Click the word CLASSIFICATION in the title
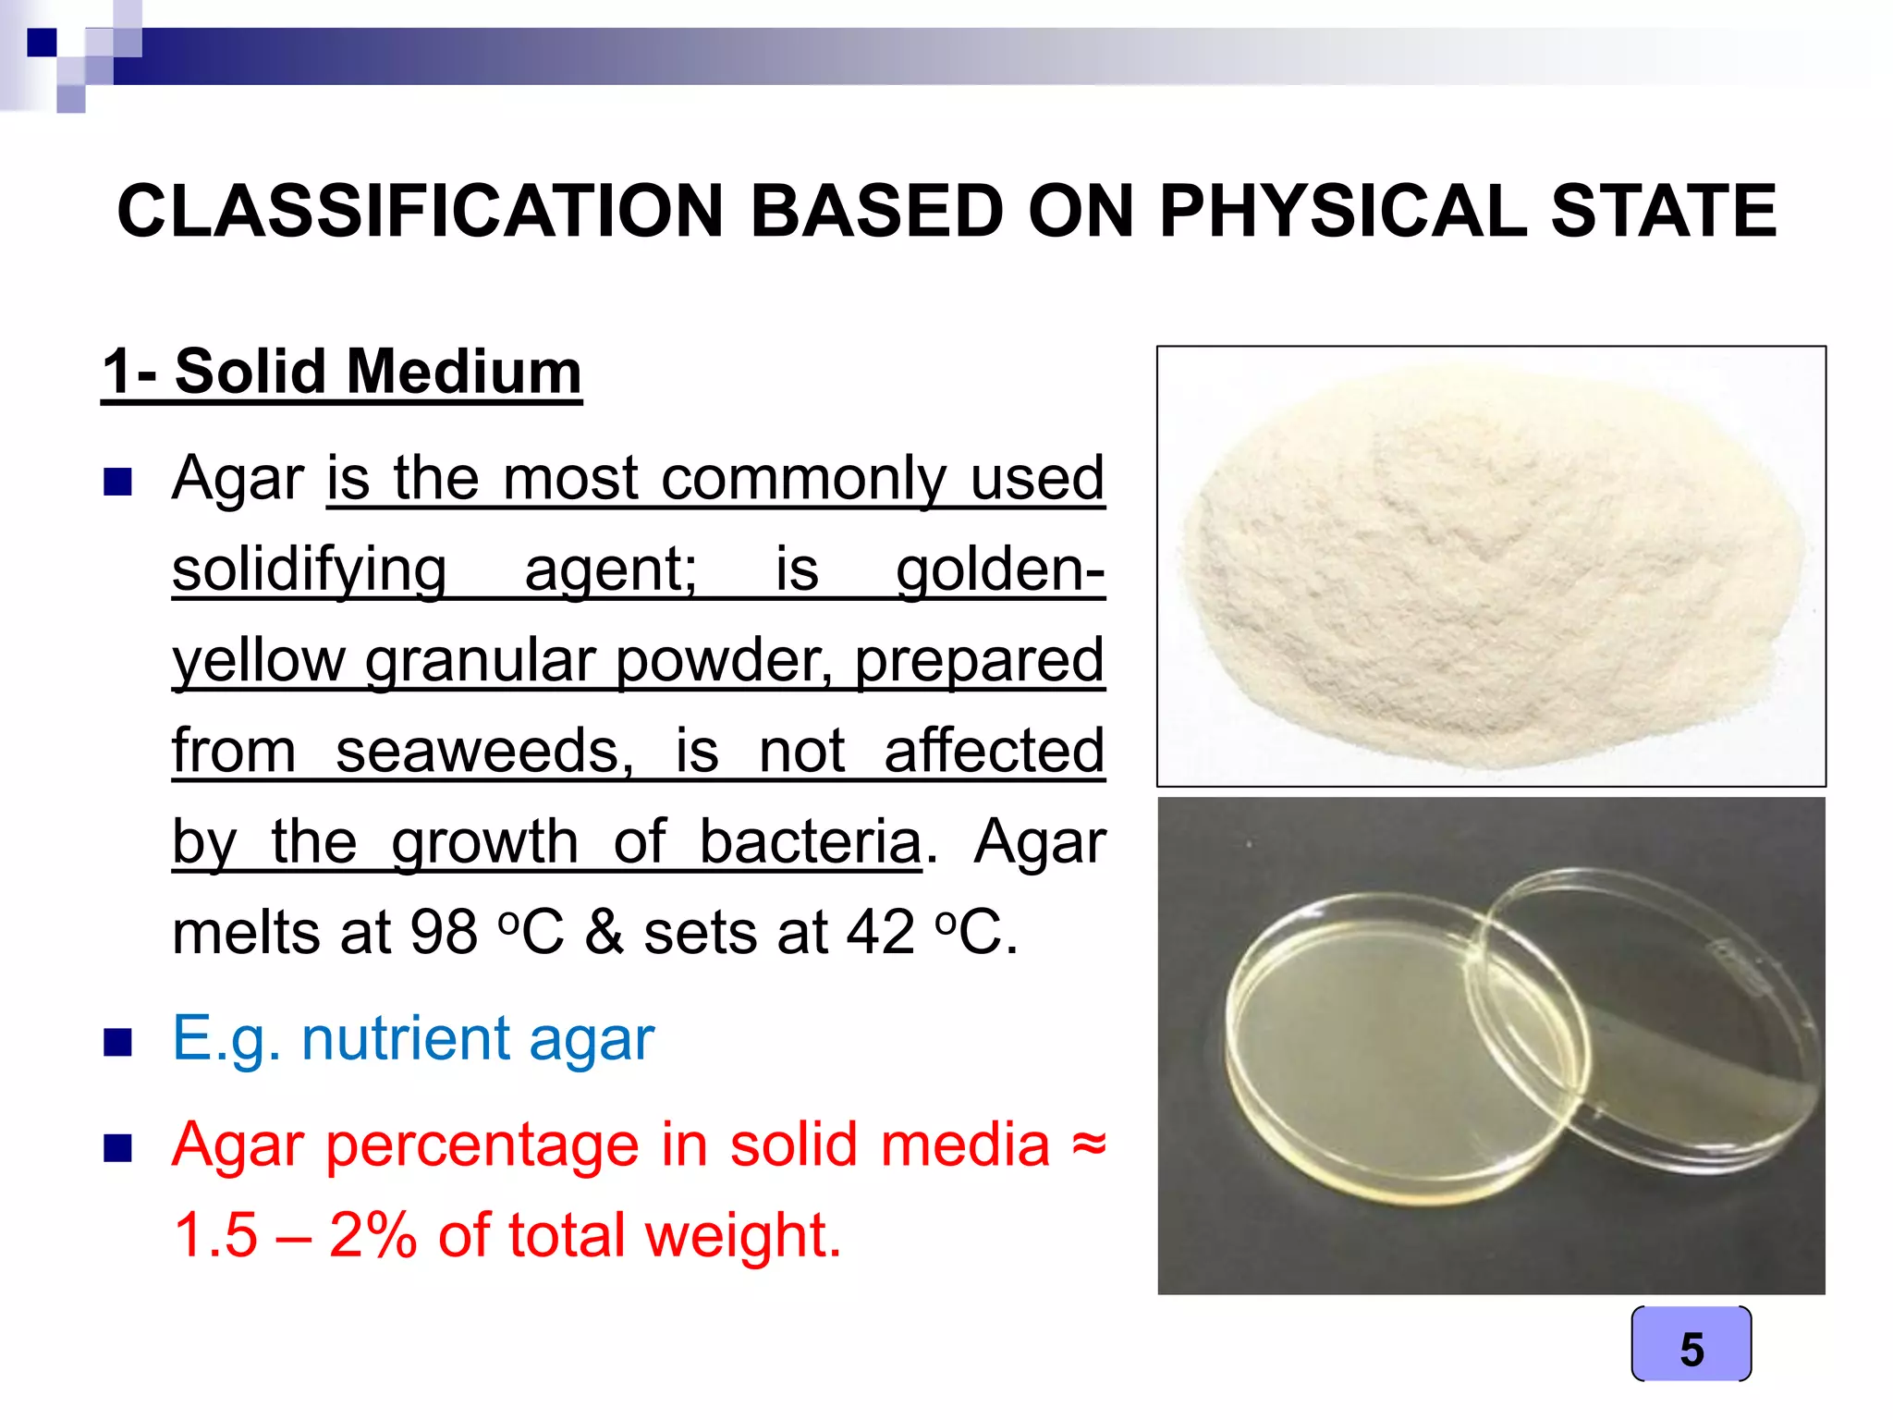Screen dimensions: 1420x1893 point(420,211)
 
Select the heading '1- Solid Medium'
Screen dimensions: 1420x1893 point(342,372)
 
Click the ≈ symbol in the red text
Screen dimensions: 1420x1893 point(1088,1144)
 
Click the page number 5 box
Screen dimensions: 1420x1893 point(1691,1345)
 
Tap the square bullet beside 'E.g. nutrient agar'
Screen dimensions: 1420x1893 point(118,1042)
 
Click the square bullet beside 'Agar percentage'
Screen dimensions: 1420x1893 point(118,1148)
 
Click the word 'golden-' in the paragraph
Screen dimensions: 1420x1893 point(1000,569)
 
